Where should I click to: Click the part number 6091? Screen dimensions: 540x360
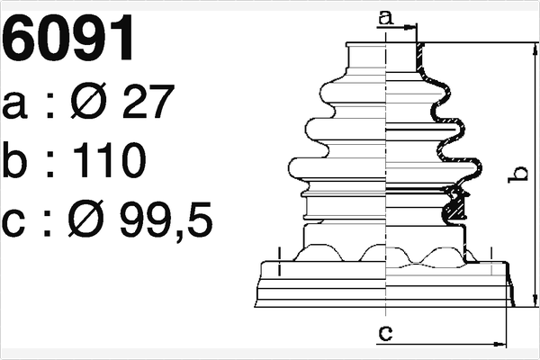pos(67,38)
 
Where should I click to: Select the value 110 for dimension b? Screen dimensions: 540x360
pos(110,160)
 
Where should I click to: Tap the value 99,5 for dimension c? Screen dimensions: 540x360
pos(166,220)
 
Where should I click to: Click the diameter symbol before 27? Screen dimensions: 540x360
pos(89,101)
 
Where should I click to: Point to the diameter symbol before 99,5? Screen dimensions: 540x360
pos(86,219)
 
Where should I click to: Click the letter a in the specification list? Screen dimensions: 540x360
pos(14,105)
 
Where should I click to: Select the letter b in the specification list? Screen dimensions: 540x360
pos(14,160)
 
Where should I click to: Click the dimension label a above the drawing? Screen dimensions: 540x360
pos(386,18)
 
